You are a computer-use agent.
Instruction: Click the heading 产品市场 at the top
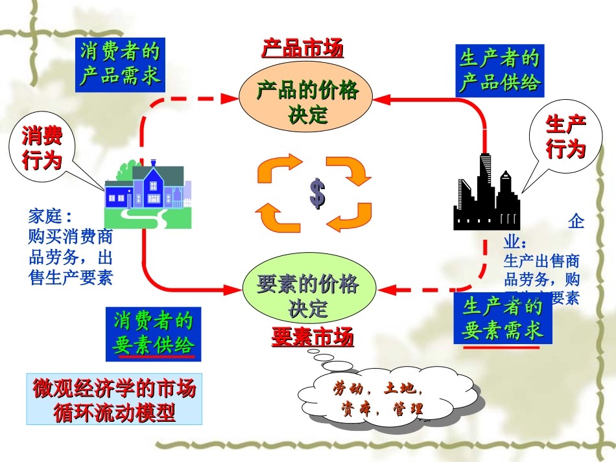pos(302,49)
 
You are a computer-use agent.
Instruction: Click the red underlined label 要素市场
pos(313,337)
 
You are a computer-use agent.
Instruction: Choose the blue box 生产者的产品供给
pos(499,71)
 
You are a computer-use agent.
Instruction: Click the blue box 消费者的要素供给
pos(154,334)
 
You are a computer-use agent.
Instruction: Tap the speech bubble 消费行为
pos(42,148)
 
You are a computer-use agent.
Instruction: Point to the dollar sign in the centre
pos(316,193)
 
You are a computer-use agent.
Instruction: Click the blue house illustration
pos(148,193)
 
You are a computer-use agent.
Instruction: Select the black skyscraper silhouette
pos(486,194)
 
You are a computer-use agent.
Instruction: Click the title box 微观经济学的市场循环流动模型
pos(114,399)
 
